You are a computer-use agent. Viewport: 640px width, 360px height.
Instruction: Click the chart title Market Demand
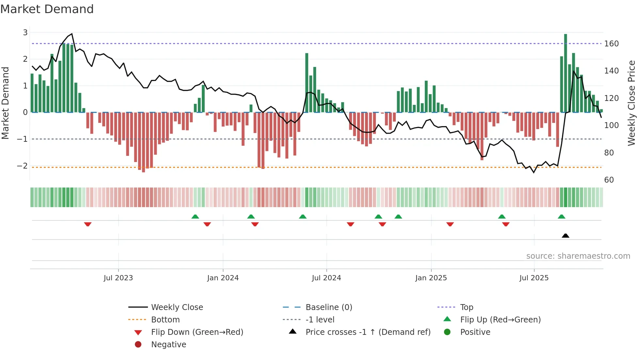tap(47, 9)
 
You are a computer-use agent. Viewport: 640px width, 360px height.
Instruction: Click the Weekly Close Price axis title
tap(632, 103)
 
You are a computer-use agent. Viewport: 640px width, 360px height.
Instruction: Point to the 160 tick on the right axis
tap(611, 44)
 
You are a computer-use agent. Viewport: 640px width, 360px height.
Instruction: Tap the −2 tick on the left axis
tap(23, 166)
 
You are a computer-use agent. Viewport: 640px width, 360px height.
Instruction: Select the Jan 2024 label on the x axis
tap(223, 278)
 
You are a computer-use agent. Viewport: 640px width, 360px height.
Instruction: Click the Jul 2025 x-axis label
tap(534, 278)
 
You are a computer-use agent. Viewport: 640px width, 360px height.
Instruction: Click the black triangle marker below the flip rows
tap(566, 236)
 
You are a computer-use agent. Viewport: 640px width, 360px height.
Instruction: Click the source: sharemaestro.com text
tap(578, 256)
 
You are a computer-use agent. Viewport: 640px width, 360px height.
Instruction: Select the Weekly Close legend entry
tap(177, 307)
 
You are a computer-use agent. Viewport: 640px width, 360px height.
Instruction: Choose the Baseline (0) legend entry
tap(328, 307)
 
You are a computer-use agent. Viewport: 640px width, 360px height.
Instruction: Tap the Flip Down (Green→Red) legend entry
tap(197, 332)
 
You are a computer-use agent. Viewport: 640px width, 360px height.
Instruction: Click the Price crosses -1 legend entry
tap(368, 332)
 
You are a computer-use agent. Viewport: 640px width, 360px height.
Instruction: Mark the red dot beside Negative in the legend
tap(138, 345)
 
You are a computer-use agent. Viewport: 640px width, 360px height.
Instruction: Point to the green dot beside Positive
tap(447, 332)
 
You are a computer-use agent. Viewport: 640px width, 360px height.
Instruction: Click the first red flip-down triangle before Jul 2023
tap(88, 224)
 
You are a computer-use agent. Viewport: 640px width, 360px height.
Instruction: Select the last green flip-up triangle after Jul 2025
tap(561, 217)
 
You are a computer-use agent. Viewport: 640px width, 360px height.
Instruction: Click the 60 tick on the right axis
tap(609, 180)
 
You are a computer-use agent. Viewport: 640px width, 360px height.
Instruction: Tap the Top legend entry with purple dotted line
tap(466, 307)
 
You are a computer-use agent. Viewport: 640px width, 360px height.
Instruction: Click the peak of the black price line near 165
tap(72, 34)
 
